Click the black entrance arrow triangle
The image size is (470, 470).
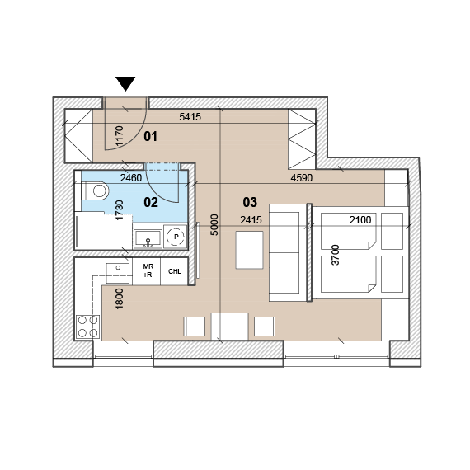pos(125,83)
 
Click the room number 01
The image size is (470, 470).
pos(150,136)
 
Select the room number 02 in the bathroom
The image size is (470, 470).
pos(151,202)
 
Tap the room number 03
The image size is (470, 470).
pos(250,202)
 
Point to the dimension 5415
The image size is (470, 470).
pos(190,116)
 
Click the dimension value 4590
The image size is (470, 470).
pos(302,178)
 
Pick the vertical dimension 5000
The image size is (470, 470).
pos(214,225)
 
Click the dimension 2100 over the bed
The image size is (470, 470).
pos(360,220)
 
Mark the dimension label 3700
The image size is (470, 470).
pos(336,255)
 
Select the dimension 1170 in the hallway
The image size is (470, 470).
pos(120,136)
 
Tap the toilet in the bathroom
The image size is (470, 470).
pos(95,190)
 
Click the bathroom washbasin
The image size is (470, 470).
pos(148,239)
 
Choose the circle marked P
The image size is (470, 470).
pos(176,237)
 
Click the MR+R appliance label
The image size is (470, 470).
pos(148,270)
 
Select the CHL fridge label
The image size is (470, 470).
pos(175,271)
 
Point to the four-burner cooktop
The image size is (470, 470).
pos(88,327)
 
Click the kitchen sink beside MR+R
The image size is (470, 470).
pos(117,273)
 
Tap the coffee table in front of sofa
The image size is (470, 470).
pos(249,250)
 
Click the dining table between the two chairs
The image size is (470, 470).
pos(229,327)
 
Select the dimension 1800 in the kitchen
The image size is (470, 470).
pos(120,298)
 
